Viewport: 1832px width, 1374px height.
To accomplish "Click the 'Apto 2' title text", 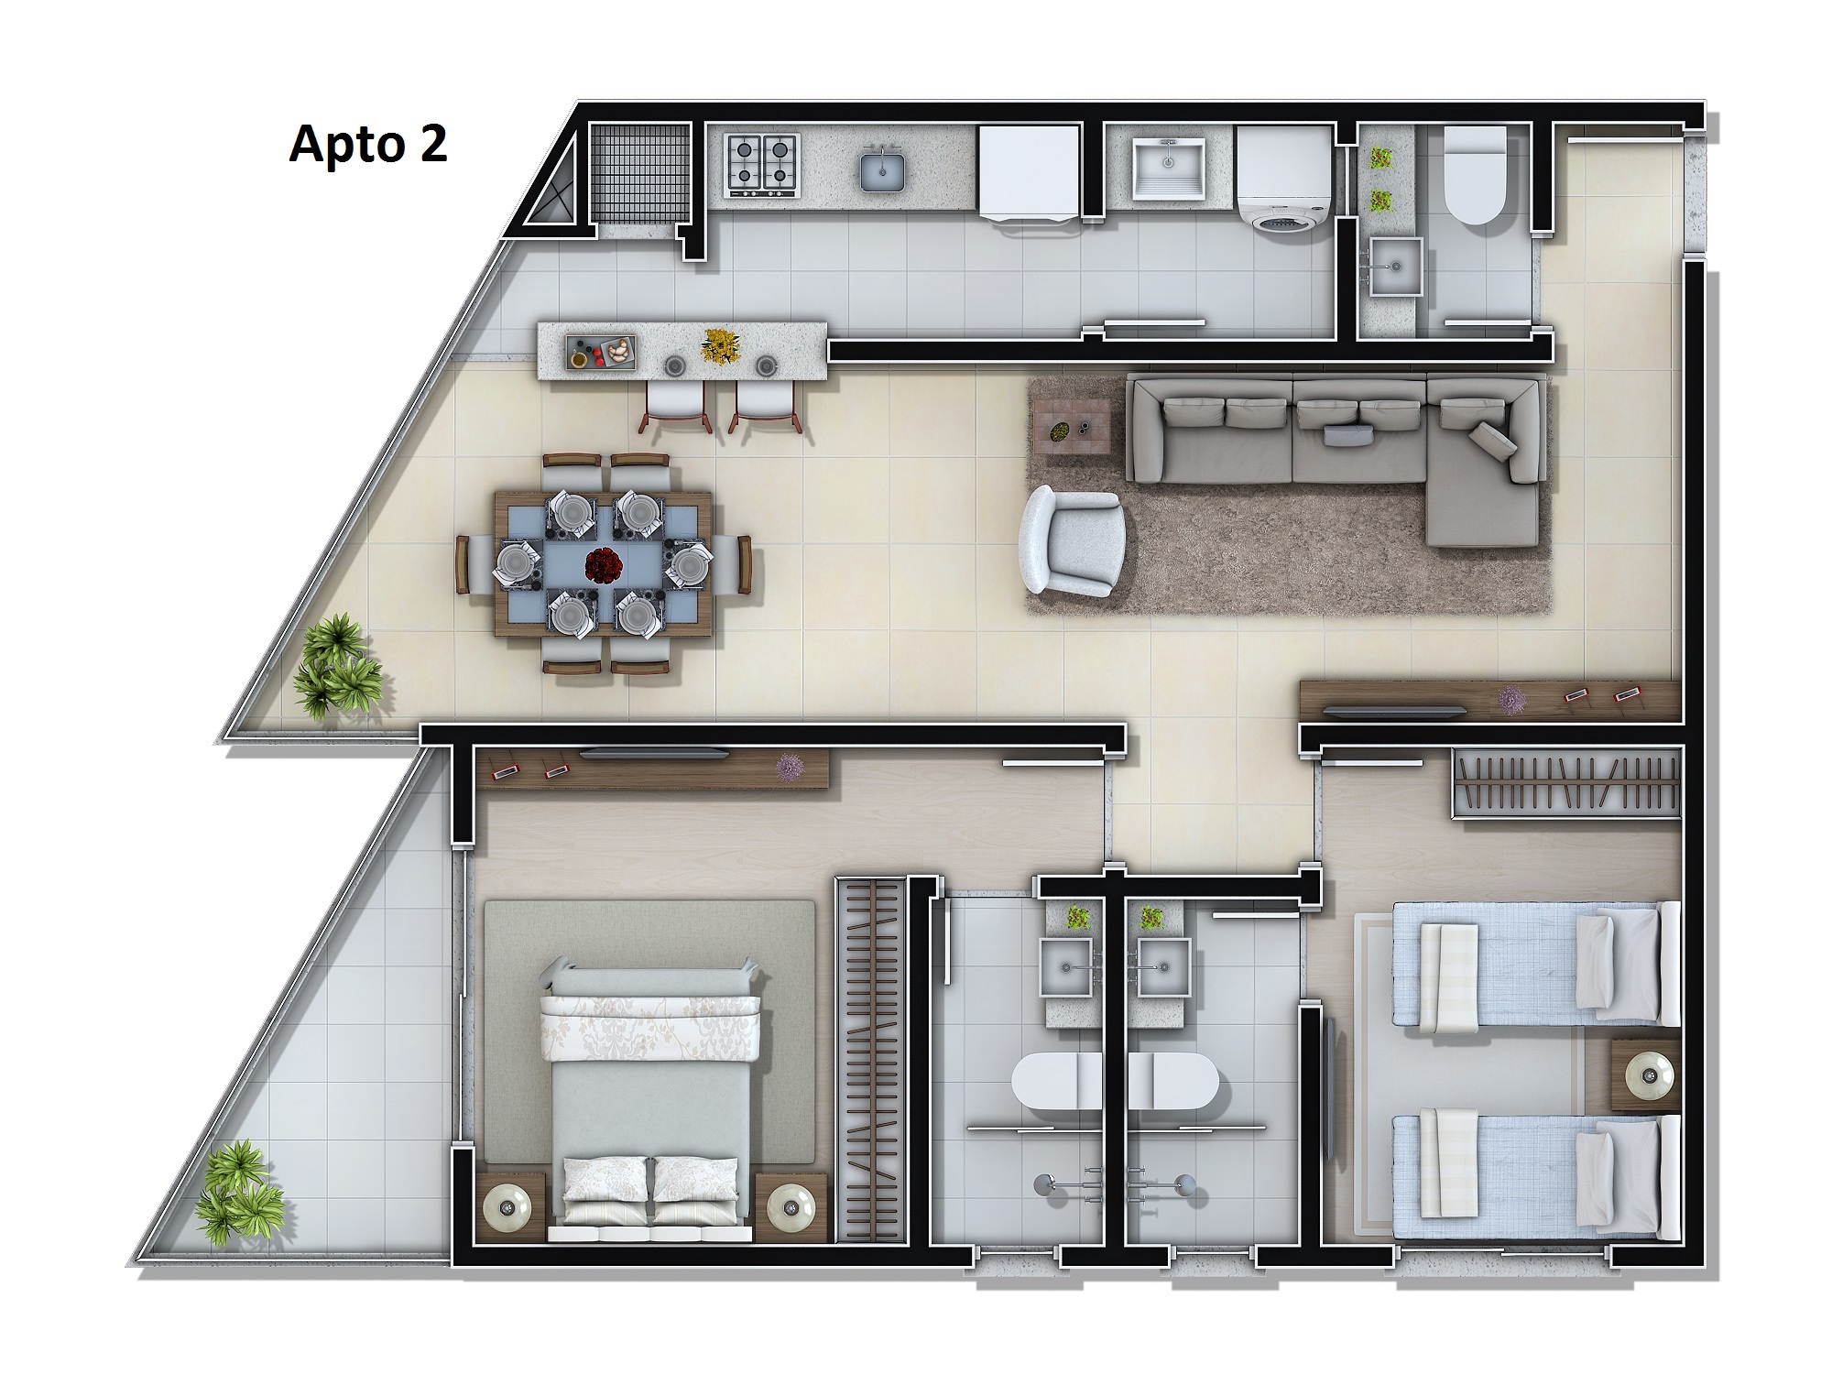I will point(368,145).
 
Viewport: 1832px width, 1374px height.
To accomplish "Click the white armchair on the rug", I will point(1072,540).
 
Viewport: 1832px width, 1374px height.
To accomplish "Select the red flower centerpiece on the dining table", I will point(602,564).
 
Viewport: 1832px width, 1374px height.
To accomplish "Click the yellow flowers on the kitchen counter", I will point(721,346).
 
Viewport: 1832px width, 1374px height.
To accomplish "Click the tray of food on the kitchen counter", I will point(601,351).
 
